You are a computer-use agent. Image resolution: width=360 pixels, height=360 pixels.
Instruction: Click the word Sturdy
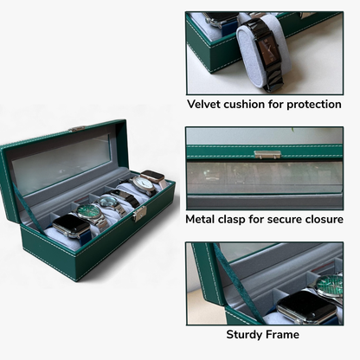pyautogui.click(x=244, y=334)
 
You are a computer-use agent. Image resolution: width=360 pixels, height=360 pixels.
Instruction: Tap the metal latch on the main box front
pyautogui.click(x=138, y=214)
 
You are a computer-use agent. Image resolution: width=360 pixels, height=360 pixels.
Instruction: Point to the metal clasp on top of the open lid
pyautogui.click(x=77, y=129)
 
